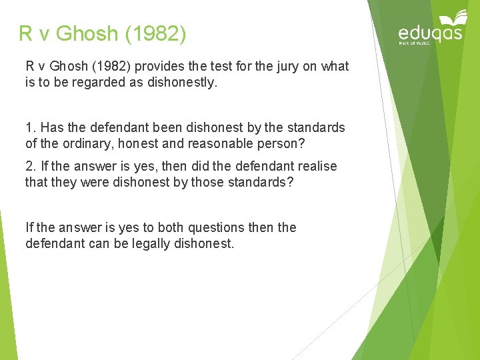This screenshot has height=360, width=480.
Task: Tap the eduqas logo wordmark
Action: point(430,33)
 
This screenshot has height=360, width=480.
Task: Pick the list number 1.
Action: point(29,127)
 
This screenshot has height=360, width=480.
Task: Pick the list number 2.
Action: point(29,166)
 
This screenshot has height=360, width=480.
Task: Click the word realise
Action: point(315,166)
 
